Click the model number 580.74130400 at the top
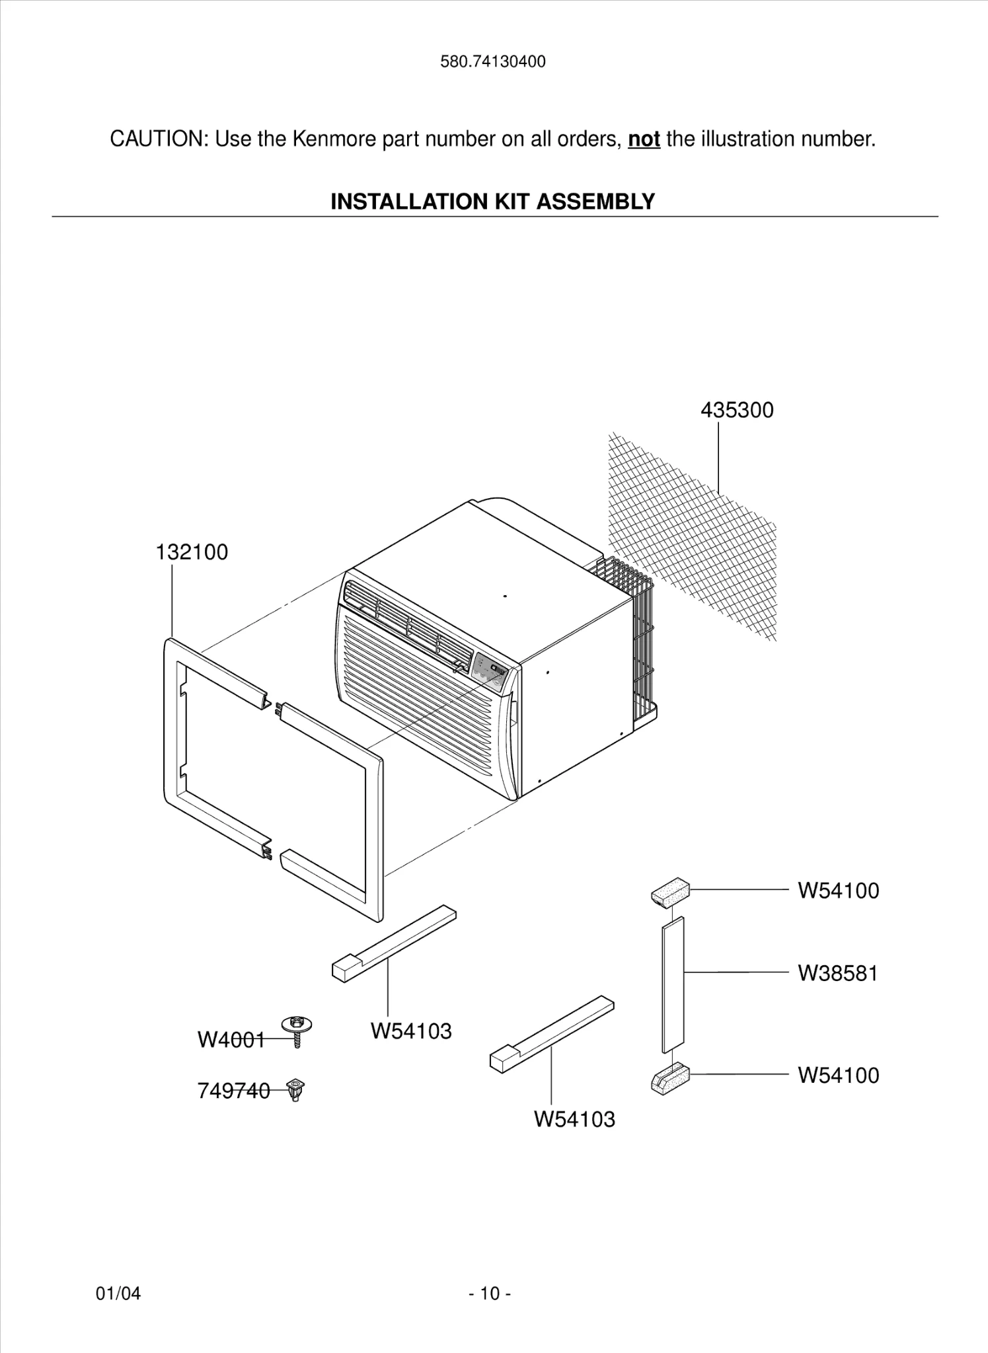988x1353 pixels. (493, 62)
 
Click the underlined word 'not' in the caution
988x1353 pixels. (644, 139)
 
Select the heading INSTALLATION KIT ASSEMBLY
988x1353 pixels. (492, 201)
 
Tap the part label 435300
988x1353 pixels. (737, 410)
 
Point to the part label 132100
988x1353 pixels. (192, 552)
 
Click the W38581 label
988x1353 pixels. (837, 974)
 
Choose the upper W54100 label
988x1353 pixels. (838, 891)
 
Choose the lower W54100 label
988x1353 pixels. (838, 1076)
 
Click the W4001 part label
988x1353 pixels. (231, 1041)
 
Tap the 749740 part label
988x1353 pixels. (233, 1091)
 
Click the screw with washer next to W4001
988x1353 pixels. (297, 1030)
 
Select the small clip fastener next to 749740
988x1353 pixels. (296, 1089)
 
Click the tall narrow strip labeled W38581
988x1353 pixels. (673, 984)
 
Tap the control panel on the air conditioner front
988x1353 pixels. (489, 673)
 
